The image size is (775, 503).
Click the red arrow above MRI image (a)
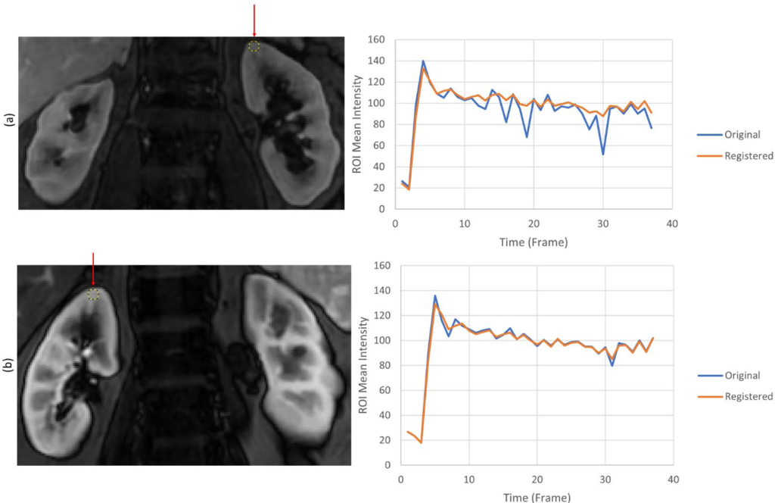[254, 21]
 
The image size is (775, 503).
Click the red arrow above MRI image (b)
[93, 270]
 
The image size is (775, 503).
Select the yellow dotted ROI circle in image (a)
[254, 46]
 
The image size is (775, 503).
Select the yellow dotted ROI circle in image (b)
[93, 294]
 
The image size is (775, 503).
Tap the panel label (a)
[8, 119]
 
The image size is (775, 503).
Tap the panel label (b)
[8, 367]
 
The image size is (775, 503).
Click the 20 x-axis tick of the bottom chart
[537, 479]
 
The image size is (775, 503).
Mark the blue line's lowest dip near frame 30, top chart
[603, 155]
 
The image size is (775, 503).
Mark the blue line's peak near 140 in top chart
[423, 61]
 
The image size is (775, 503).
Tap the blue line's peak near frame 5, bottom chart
[434, 295]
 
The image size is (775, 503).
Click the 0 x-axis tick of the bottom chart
[400, 479]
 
